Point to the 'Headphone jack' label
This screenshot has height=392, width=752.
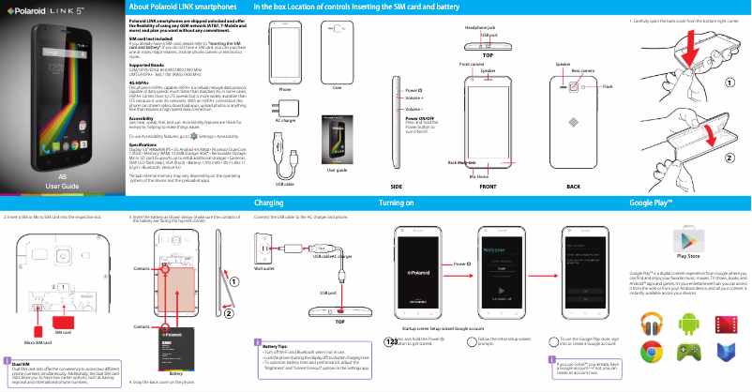click(x=479, y=29)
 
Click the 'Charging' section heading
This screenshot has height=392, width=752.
click(x=268, y=203)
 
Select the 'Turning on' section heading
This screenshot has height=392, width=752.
click(x=399, y=203)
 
